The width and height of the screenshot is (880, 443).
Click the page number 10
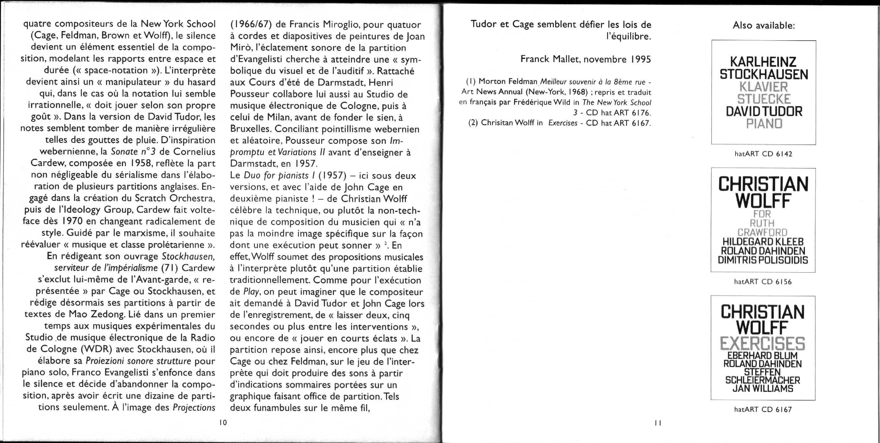click(223, 423)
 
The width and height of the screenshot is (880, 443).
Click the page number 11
click(658, 423)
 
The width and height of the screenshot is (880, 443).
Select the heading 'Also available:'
click(763, 26)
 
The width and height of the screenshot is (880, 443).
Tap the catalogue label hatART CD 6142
click(763, 154)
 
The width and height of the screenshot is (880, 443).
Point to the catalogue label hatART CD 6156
click(763, 282)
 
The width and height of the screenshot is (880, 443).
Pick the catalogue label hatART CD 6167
click(763, 410)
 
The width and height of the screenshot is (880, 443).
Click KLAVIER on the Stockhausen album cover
click(763, 87)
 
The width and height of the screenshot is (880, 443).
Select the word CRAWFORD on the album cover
click(762, 232)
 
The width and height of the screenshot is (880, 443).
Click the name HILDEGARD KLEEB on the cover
click(763, 242)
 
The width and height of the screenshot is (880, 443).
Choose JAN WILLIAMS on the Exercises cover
click(763, 389)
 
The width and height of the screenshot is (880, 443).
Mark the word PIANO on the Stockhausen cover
click(764, 123)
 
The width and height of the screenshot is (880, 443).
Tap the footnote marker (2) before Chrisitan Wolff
click(473, 123)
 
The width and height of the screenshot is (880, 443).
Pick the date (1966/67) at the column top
click(251, 24)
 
